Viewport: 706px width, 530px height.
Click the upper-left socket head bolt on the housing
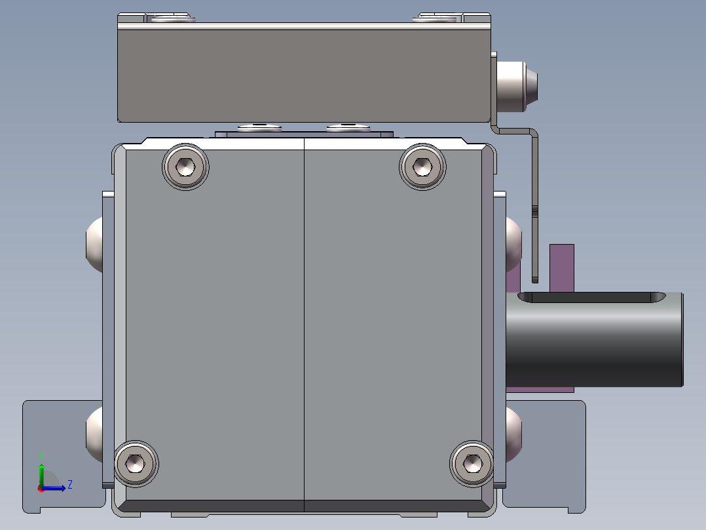[185, 167]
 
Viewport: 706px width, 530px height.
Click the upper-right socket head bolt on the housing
[422, 167]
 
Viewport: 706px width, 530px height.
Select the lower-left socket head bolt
[136, 463]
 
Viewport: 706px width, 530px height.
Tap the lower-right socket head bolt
[472, 463]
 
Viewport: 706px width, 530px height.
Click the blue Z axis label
[70, 485]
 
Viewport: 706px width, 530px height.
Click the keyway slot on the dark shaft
[591, 296]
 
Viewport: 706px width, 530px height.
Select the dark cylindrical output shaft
[595, 339]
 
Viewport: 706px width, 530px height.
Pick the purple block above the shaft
[561, 268]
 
